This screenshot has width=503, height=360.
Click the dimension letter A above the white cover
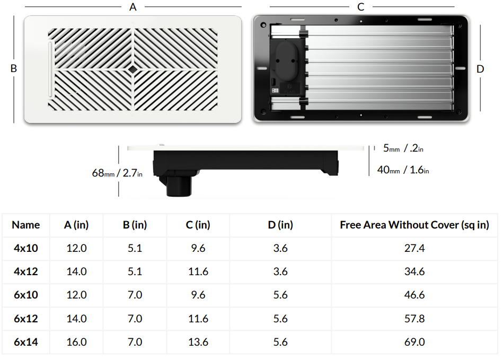coord(133,7)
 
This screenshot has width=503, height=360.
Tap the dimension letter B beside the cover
coord(13,68)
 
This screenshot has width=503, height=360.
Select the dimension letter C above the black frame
coord(361,7)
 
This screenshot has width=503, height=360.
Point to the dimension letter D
coord(480,69)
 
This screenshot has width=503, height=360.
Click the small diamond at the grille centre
coord(133,69)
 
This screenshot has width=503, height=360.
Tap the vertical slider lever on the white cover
coord(50,69)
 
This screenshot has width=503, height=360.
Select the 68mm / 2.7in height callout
coord(117,173)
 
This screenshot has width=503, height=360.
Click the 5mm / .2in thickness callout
coord(403,148)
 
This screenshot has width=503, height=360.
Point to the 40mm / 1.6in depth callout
coord(403,170)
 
